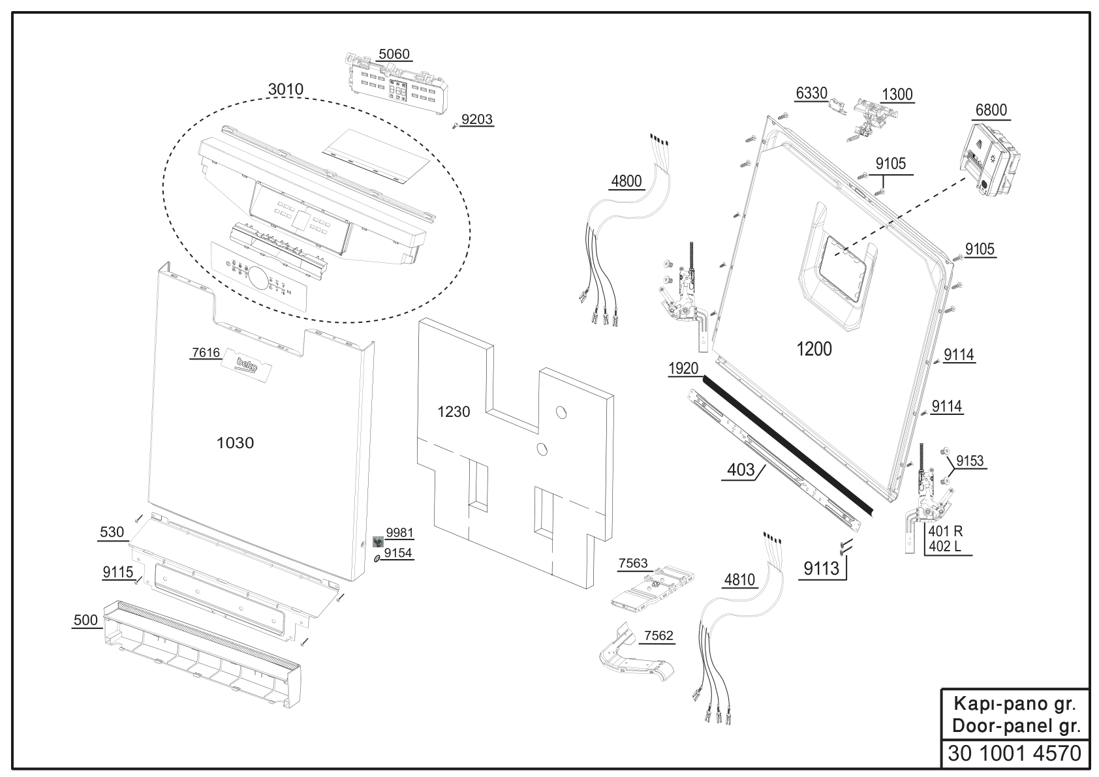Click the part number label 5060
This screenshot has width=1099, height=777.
tap(394, 54)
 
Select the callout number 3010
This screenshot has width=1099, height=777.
tap(286, 89)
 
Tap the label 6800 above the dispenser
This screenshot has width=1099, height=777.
tap(991, 110)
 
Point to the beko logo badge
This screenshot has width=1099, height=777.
tap(247, 365)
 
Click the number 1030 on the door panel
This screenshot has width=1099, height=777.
tap(235, 443)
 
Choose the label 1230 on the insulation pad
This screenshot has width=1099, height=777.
tap(454, 412)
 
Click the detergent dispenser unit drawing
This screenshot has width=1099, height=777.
tap(989, 160)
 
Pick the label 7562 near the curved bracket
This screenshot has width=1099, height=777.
tap(658, 635)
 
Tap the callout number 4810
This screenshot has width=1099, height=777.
tap(739, 580)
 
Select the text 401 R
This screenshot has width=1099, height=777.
tap(946, 531)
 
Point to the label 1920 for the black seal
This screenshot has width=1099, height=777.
tap(683, 369)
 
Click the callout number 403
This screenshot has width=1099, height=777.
tap(740, 470)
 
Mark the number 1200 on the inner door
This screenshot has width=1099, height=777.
tap(814, 349)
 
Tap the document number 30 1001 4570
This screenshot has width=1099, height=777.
tap(1015, 754)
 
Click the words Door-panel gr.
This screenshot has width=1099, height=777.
tap(1017, 726)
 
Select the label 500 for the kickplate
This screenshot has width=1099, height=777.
tap(85, 620)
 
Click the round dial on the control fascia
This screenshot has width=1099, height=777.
tap(258, 278)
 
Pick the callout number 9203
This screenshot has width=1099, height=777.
tap(477, 119)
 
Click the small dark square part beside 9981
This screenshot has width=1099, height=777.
tap(378, 541)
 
